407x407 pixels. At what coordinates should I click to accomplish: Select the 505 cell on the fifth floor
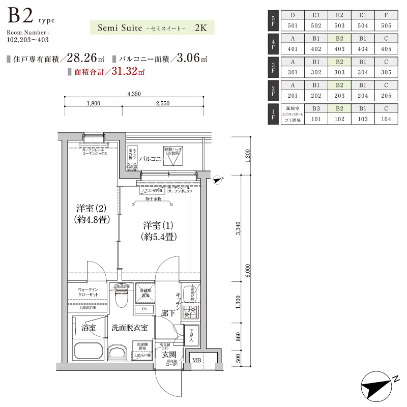386,25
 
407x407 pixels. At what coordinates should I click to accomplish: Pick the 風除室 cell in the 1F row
293,108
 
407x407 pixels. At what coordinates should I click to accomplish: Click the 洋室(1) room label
158,230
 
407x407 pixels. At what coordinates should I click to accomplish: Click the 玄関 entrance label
169,354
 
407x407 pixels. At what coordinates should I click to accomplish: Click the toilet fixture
120,301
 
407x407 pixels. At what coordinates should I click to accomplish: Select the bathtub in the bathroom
89,352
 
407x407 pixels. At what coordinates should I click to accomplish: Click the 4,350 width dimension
134,94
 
